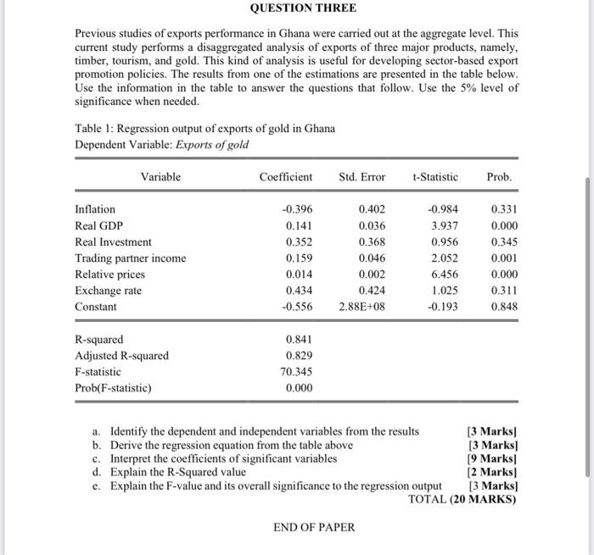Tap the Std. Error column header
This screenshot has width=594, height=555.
(x=361, y=177)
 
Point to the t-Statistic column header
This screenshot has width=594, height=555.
(x=434, y=177)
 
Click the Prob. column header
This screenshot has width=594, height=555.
(x=499, y=177)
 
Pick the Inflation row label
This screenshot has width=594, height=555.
(x=95, y=209)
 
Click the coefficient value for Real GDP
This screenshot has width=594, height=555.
(x=296, y=225)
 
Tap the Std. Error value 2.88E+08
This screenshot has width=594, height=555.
(x=361, y=307)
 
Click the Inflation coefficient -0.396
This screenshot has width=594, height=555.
(x=294, y=209)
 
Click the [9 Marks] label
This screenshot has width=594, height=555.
(x=491, y=458)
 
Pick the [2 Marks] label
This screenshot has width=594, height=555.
(x=491, y=472)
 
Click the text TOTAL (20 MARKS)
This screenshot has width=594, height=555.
(x=462, y=499)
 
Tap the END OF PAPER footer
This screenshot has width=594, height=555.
(x=314, y=527)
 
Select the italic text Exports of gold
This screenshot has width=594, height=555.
(x=216, y=144)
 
